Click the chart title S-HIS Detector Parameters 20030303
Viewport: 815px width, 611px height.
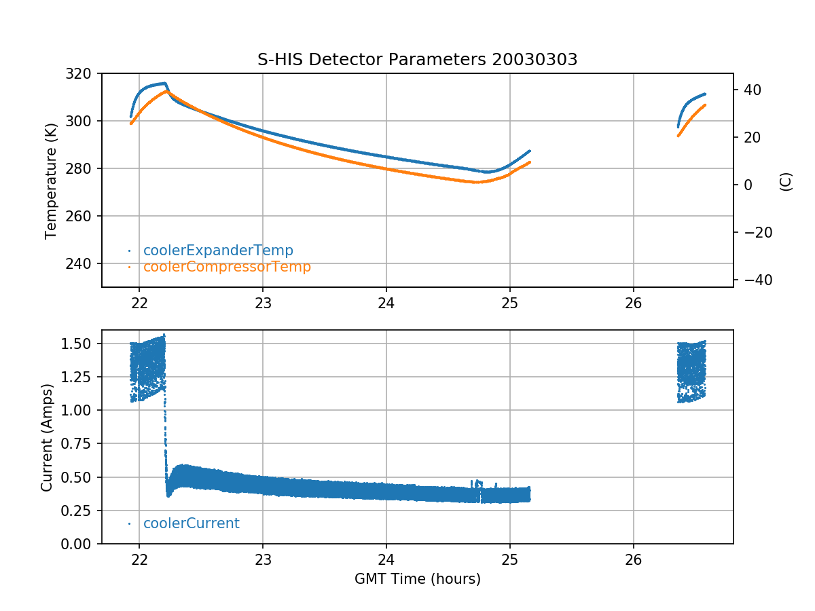point(417,60)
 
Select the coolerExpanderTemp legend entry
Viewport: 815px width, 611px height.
point(217,251)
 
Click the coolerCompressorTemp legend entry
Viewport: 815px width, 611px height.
point(226,267)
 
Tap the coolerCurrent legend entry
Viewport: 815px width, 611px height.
point(191,523)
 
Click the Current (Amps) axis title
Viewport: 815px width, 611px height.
point(46,437)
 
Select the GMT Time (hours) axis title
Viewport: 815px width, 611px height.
point(417,579)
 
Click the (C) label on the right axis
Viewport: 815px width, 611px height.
point(786,181)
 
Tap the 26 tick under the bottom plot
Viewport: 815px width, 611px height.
point(633,560)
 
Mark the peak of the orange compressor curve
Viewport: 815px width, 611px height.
point(166,91)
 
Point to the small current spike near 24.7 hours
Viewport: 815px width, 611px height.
point(478,483)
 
